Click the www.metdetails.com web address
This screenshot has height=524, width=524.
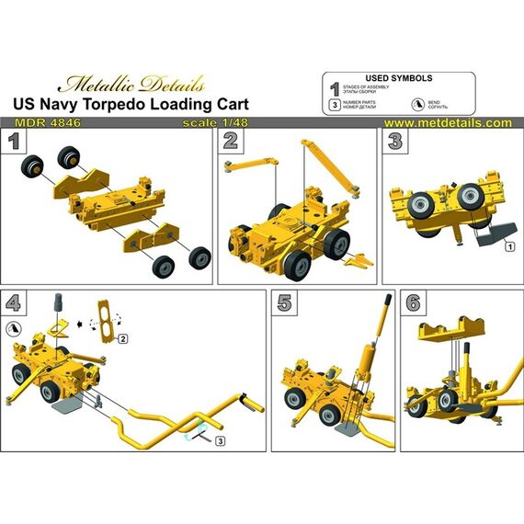tap(447, 122)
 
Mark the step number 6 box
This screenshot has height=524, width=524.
tap(412, 301)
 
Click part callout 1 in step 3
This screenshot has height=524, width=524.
tap(507, 246)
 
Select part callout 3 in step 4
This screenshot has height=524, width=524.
tap(221, 442)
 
